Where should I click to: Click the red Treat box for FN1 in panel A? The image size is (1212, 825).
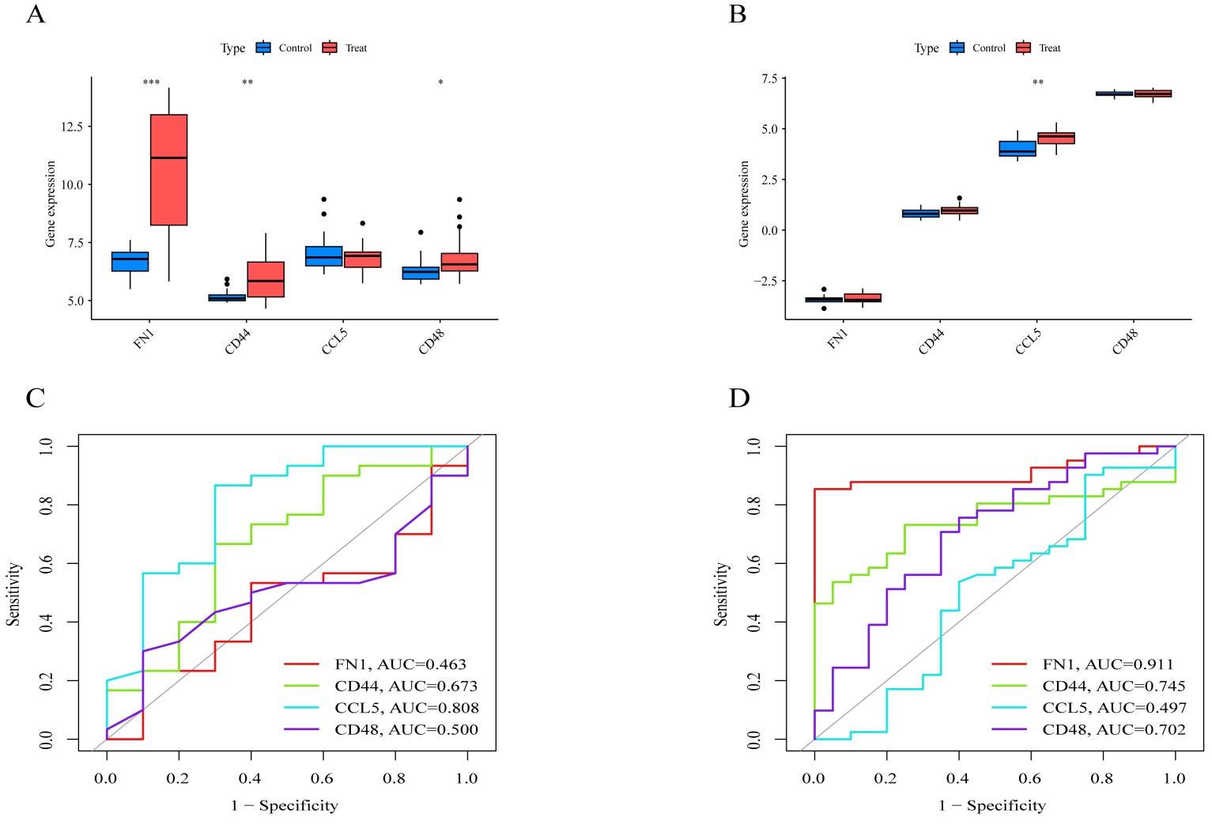tap(169, 169)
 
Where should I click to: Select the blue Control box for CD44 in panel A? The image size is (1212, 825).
tap(227, 297)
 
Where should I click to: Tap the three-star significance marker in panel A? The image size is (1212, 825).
tap(151, 83)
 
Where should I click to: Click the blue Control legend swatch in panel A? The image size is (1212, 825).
tap(263, 48)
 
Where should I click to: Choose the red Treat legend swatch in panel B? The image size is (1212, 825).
tap(1024, 48)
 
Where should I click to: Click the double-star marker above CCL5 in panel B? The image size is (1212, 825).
tap(1038, 83)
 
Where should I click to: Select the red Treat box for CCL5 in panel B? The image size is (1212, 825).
tap(1056, 138)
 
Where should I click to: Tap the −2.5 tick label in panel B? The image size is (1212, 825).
tap(765, 281)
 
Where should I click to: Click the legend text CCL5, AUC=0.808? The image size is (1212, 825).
tap(406, 708)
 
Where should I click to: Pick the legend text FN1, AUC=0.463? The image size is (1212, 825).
tap(400, 664)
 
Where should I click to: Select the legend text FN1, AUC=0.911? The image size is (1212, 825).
tap(1108, 664)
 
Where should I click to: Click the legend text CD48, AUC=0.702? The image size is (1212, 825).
tap(1114, 729)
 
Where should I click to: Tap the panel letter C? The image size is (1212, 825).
tap(35, 398)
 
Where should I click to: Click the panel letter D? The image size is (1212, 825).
tap(738, 398)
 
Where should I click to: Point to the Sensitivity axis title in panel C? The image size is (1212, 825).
tap(13, 594)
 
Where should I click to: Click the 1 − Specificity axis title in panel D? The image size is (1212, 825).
tap(992, 806)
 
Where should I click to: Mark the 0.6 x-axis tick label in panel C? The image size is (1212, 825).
tap(322, 778)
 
